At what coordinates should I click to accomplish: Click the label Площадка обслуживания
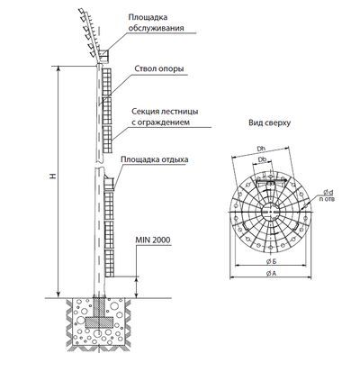point(156,23)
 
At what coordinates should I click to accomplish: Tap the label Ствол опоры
point(159,68)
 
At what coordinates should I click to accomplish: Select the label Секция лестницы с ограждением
point(165,116)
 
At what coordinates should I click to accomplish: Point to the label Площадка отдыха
point(155,159)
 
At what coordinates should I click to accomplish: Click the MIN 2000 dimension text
point(153,240)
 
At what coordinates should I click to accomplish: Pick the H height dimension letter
point(53,176)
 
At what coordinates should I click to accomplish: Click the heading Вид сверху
point(269,122)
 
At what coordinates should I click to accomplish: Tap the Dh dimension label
point(260,148)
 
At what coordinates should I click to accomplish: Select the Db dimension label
point(262,160)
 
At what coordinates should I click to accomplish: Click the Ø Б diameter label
point(271,261)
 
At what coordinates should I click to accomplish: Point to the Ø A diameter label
point(271,273)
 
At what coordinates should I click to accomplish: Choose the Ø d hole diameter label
point(328,192)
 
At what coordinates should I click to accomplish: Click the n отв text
point(327,199)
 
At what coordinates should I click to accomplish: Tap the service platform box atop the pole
point(104,56)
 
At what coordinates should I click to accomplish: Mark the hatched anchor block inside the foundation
point(99,322)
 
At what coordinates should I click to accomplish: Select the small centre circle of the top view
point(271,212)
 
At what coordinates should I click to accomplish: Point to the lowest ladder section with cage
point(109,263)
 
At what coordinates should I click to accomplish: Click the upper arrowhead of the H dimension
point(58,68)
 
